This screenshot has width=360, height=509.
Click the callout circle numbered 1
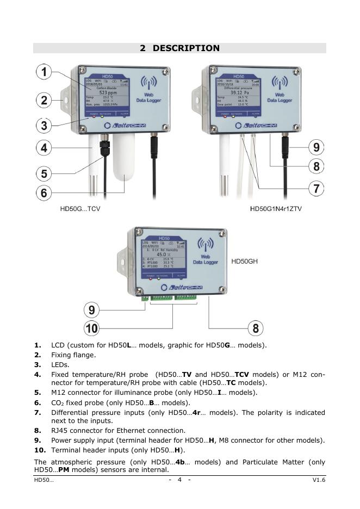(x=45, y=72)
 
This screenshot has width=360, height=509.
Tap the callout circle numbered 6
(x=45, y=193)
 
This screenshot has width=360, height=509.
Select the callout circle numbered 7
(x=316, y=188)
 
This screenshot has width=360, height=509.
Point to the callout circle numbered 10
(x=92, y=328)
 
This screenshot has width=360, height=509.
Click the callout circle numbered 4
(x=45, y=147)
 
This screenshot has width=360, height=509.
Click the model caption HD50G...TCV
(x=80, y=209)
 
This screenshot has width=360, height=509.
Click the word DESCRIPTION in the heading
(x=186, y=48)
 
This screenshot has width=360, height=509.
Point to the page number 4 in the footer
(x=179, y=480)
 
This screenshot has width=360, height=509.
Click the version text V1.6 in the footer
(x=319, y=480)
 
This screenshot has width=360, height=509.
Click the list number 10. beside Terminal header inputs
(x=39, y=450)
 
